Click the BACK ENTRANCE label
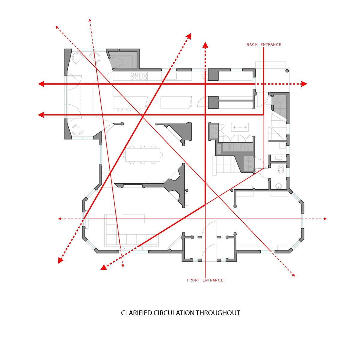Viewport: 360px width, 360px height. pos(264,45)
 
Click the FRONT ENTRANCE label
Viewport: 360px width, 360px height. pos(205,280)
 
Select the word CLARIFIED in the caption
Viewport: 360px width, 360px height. pos(136,313)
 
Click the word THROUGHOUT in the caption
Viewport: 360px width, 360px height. pos(218,313)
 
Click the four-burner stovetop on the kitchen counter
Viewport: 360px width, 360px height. pos(139,76)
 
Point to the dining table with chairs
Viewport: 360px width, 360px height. pos(143,155)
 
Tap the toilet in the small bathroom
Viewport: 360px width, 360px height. pos(281,169)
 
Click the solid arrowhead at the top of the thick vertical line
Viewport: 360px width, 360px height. pos(205,45)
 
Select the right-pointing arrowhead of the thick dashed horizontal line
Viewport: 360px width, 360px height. pos(304,84)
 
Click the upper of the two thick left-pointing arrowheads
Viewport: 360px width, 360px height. pos(41,84)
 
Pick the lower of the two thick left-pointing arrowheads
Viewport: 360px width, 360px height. pos(41,115)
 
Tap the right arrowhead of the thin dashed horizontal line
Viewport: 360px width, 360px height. pos(325,219)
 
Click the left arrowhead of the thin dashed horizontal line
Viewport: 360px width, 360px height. pos(60,219)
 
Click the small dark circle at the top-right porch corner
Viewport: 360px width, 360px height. pos(287,71)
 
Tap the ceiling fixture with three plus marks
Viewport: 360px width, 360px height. pos(240,127)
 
